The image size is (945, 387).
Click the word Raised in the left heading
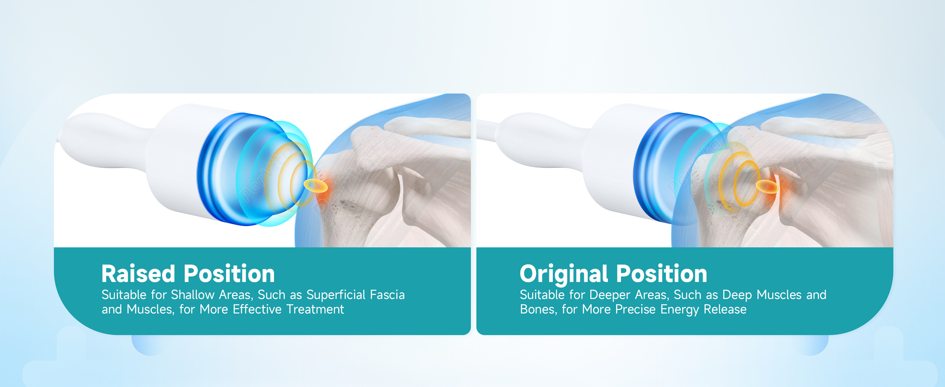[x=138, y=274]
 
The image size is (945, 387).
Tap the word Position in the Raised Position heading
[x=229, y=274]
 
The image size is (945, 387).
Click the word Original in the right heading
[x=564, y=274]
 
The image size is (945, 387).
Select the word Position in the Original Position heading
[x=661, y=274]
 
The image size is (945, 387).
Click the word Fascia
[x=387, y=295]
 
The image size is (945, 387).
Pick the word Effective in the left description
[x=257, y=309]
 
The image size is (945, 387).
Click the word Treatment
[x=315, y=309]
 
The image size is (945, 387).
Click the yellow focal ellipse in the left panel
[x=316, y=186]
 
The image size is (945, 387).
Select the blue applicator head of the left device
[x=235, y=169]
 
